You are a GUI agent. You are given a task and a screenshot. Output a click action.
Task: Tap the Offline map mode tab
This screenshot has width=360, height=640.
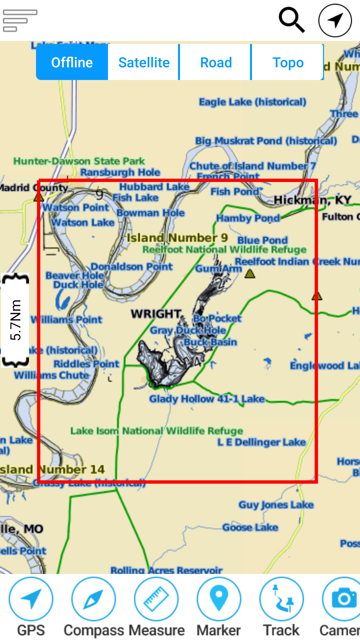tap(72, 62)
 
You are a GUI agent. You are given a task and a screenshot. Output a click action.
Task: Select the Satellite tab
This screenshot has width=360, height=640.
tap(144, 62)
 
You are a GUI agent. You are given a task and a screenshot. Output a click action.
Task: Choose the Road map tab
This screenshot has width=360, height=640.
tap(216, 62)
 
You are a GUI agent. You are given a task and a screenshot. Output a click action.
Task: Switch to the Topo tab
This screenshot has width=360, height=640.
tap(288, 62)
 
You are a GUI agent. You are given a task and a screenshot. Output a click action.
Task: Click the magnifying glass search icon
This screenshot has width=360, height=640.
tap(292, 20)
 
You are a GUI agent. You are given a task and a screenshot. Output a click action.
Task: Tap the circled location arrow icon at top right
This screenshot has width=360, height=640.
tap(335, 20)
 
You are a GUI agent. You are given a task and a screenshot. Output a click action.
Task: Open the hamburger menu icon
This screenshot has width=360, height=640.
tap(20, 20)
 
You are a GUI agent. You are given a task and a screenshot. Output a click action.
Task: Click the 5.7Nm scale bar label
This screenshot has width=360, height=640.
tap(15, 320)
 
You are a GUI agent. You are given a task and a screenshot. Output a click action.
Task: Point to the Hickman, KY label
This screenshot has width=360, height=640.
tap(312, 200)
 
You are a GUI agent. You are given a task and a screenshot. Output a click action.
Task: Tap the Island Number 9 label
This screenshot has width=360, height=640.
tap(177, 238)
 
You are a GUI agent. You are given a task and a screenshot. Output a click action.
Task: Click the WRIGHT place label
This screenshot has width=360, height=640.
tap(156, 314)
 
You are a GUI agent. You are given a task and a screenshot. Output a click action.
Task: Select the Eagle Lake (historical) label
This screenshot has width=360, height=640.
tap(252, 102)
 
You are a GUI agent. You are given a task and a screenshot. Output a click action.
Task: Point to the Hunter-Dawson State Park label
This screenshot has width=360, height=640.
tap(79, 161)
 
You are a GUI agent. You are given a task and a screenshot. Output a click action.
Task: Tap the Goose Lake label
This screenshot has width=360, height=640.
tap(250, 527)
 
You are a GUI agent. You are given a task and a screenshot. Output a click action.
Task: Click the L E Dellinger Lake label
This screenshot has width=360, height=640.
tap(261, 442)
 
